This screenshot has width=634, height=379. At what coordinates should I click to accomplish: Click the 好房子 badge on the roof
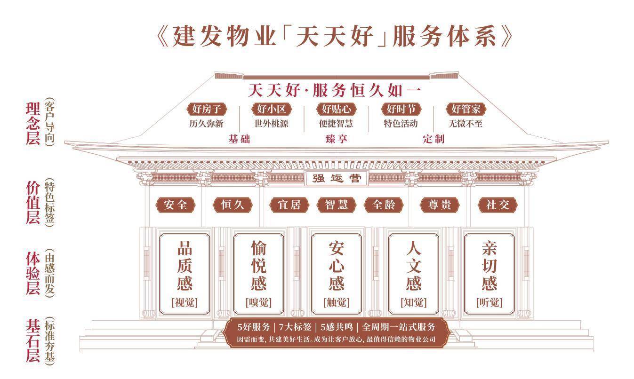pyautogui.click(x=207, y=109)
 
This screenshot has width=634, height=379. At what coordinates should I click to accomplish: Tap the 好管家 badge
pyautogui.click(x=465, y=109)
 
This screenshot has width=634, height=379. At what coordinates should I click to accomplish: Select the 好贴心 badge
pyautogui.click(x=336, y=109)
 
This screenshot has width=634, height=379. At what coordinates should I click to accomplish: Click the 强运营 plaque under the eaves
pyautogui.click(x=337, y=179)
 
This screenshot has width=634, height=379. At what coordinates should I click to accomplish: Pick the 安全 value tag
pyautogui.click(x=176, y=205)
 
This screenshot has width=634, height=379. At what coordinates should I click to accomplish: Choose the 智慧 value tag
pyautogui.click(x=336, y=205)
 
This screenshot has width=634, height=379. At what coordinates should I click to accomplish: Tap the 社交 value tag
pyautogui.click(x=498, y=205)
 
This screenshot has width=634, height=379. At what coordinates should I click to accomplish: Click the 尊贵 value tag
pyautogui.click(x=440, y=205)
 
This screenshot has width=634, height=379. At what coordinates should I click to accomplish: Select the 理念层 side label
pyautogui.click(x=33, y=124)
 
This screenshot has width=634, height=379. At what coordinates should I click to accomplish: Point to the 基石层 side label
pyautogui.click(x=33, y=341)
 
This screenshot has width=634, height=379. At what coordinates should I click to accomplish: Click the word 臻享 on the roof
pyautogui.click(x=336, y=139)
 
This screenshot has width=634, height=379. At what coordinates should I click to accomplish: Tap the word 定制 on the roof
pyautogui.click(x=433, y=139)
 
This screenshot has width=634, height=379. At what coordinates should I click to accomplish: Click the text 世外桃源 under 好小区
pyautogui.click(x=271, y=124)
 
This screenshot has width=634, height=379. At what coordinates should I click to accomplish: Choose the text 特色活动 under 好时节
pyautogui.click(x=401, y=124)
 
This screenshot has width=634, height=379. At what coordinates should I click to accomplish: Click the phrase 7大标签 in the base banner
pyautogui.click(x=295, y=327)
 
